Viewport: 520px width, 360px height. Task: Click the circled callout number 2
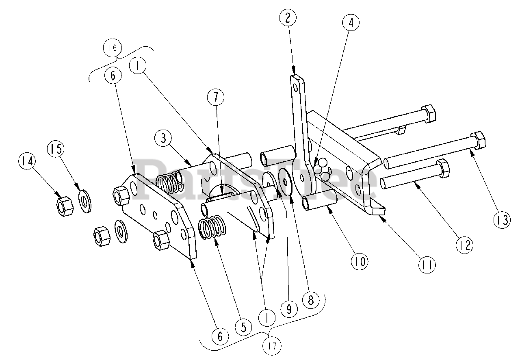click(288, 17)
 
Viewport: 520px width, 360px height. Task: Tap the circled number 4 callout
click(351, 23)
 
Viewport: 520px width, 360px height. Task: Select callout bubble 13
click(502, 220)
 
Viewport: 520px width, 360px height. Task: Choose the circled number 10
click(360, 261)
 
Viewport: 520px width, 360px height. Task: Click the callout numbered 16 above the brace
click(112, 48)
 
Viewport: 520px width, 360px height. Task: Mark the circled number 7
click(216, 97)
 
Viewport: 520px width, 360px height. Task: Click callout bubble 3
click(163, 139)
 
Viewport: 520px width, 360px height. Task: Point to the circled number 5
click(243, 327)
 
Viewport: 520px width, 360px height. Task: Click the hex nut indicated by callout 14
click(63, 206)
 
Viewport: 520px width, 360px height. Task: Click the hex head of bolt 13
click(478, 140)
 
